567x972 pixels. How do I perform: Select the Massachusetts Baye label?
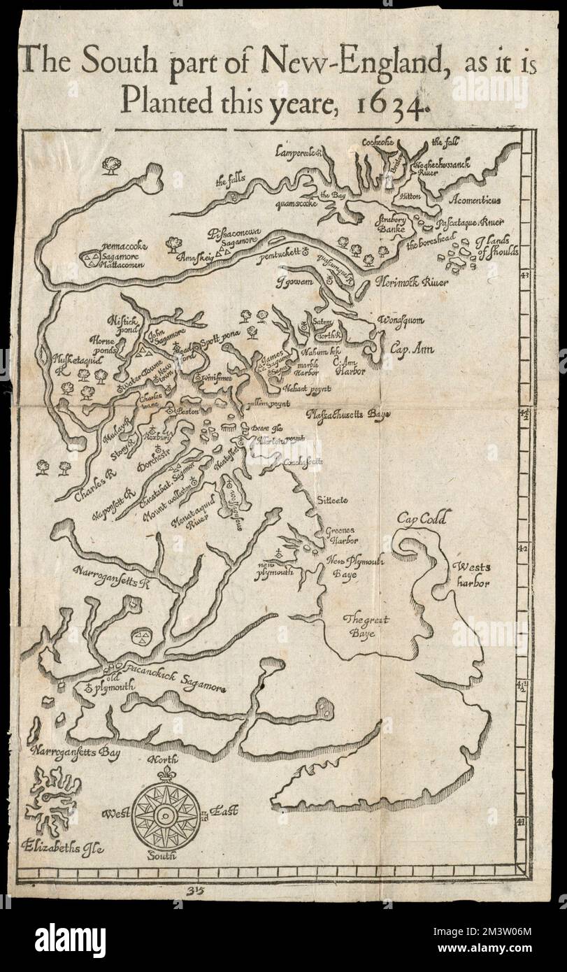(x=348, y=415)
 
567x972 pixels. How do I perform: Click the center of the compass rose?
(x=165, y=815)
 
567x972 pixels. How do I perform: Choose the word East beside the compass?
(x=222, y=811)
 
